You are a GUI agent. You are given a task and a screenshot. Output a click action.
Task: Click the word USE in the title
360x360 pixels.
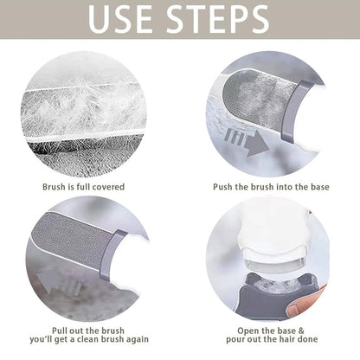click(120, 19)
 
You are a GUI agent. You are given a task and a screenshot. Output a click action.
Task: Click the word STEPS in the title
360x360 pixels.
click(218, 19)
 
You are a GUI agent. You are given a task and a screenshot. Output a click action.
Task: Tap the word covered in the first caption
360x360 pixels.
click(106, 187)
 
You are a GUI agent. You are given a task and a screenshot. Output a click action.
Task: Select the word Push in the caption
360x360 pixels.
click(222, 187)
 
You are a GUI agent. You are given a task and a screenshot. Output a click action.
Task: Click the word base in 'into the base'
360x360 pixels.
click(319, 187)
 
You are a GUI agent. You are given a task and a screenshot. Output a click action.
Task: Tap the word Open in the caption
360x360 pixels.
click(247, 331)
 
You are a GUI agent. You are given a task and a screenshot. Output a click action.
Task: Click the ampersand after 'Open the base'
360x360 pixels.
click(300, 331)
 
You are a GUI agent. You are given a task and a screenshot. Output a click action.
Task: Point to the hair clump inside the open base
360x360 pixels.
click(276, 286)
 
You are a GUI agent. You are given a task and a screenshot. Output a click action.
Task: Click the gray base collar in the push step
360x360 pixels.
click(292, 112)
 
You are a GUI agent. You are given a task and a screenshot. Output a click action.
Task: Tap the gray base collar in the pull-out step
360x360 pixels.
click(109, 254)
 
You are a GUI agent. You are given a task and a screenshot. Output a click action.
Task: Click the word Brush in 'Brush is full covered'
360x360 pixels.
click(54, 187)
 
